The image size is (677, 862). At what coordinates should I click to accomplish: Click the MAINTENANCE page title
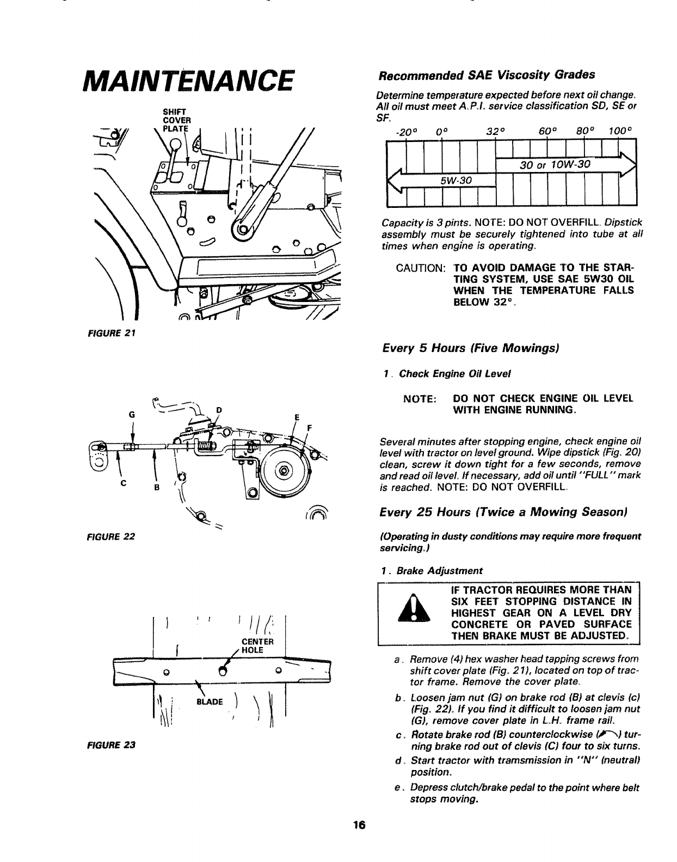tap(185, 85)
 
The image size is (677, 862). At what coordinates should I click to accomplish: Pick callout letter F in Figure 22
tap(309, 427)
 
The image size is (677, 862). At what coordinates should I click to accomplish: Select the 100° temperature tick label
tap(618, 131)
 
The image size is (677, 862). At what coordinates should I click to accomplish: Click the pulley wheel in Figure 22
tap(284, 470)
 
